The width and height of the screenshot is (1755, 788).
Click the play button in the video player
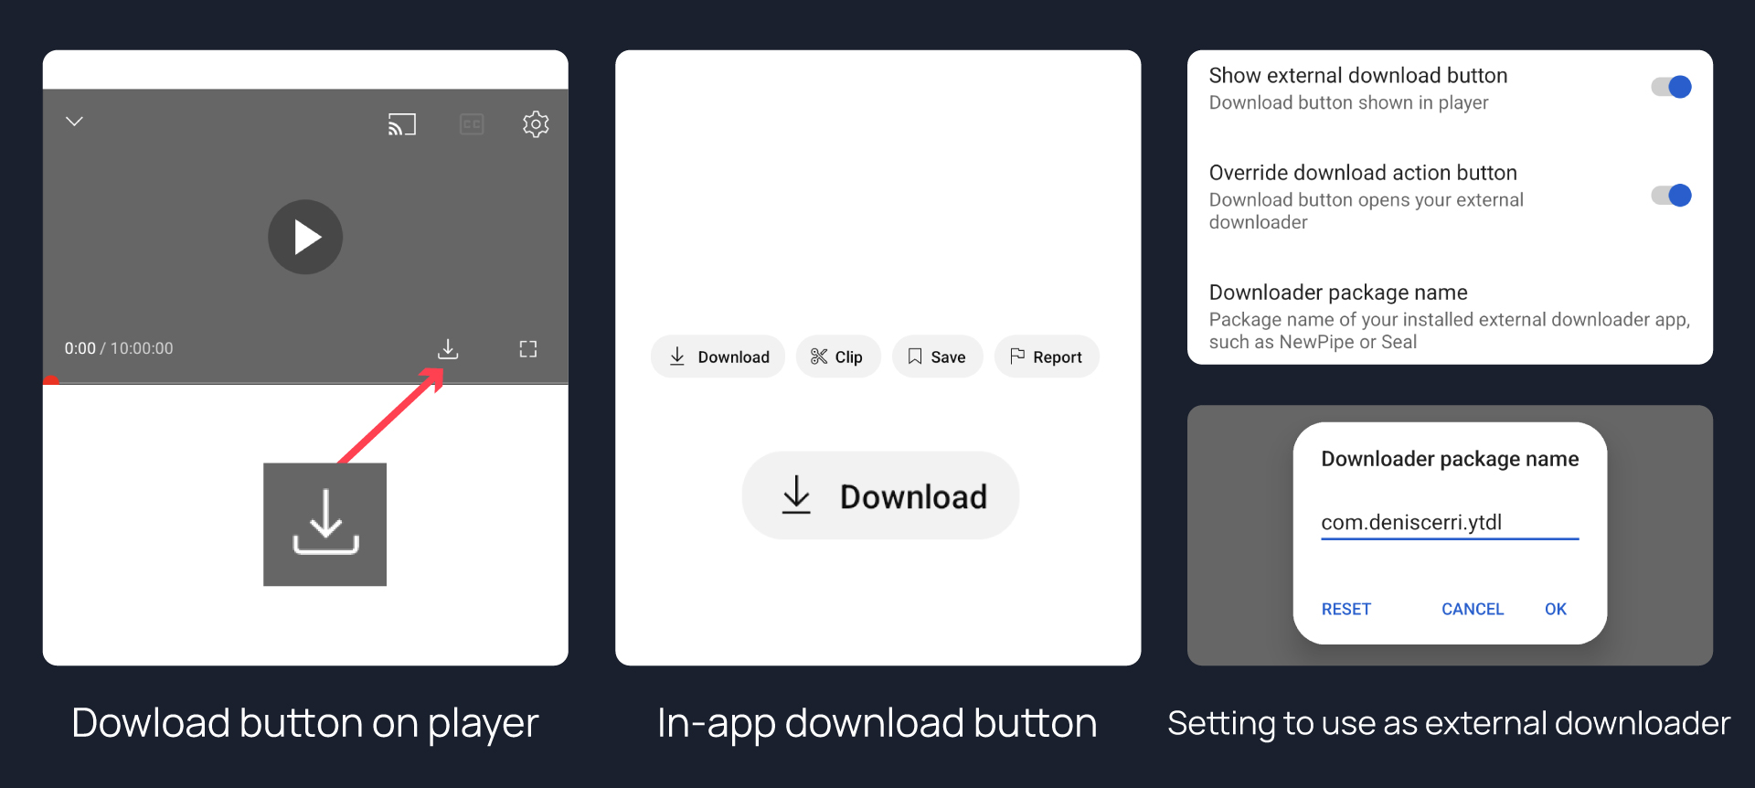pyautogui.click(x=305, y=237)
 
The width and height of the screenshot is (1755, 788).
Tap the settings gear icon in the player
pyautogui.click(x=536, y=123)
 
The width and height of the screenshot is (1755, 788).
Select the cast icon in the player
pyautogui.click(x=402, y=124)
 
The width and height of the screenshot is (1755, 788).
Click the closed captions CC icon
pyautogui.click(x=472, y=124)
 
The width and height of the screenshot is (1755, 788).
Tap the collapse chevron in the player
pyautogui.click(x=75, y=121)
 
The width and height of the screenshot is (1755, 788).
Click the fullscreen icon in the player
pyautogui.click(x=528, y=348)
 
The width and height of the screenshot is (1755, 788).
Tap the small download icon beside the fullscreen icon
pyautogui.click(x=448, y=348)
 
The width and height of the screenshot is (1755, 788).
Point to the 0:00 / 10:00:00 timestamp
pyautogui.click(x=119, y=348)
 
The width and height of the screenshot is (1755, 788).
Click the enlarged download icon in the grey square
pyautogui.click(x=325, y=524)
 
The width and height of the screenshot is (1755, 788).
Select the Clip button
pyautogui.click(x=838, y=357)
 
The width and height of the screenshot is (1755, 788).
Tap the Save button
pyautogui.click(x=937, y=357)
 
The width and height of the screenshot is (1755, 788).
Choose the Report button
pyautogui.click(x=1047, y=357)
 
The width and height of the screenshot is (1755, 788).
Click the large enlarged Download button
pyautogui.click(x=880, y=495)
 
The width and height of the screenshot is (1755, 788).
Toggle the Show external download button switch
pyautogui.click(x=1671, y=87)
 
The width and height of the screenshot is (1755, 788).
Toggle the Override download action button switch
pyautogui.click(x=1671, y=196)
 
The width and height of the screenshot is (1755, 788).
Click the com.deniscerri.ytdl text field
pyautogui.click(x=1450, y=523)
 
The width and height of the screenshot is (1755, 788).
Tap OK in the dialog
pyautogui.click(x=1556, y=609)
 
